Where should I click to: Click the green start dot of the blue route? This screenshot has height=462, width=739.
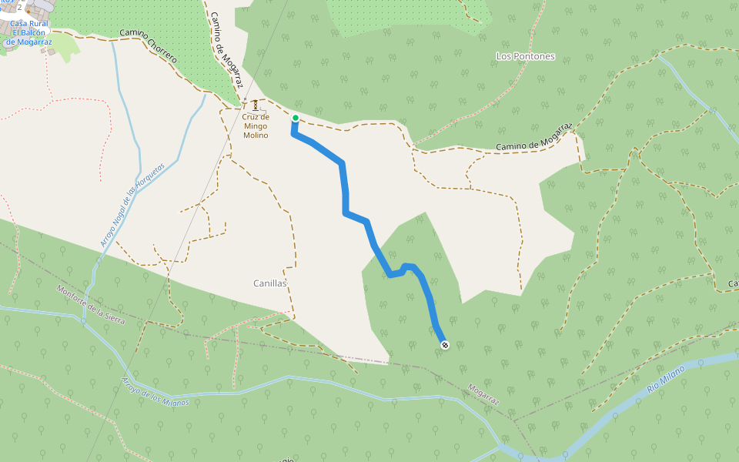(x=295, y=118)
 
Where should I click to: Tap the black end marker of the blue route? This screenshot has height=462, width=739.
(x=444, y=346)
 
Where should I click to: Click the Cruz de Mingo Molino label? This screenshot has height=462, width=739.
(x=256, y=126)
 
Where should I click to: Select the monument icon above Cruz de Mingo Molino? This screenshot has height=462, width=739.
(x=256, y=105)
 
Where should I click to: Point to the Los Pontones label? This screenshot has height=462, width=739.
(x=525, y=56)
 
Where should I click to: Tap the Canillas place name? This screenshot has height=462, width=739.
(x=269, y=283)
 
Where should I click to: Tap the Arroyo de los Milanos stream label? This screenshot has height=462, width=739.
(x=155, y=391)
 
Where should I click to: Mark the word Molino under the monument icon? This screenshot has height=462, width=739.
(x=256, y=136)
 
